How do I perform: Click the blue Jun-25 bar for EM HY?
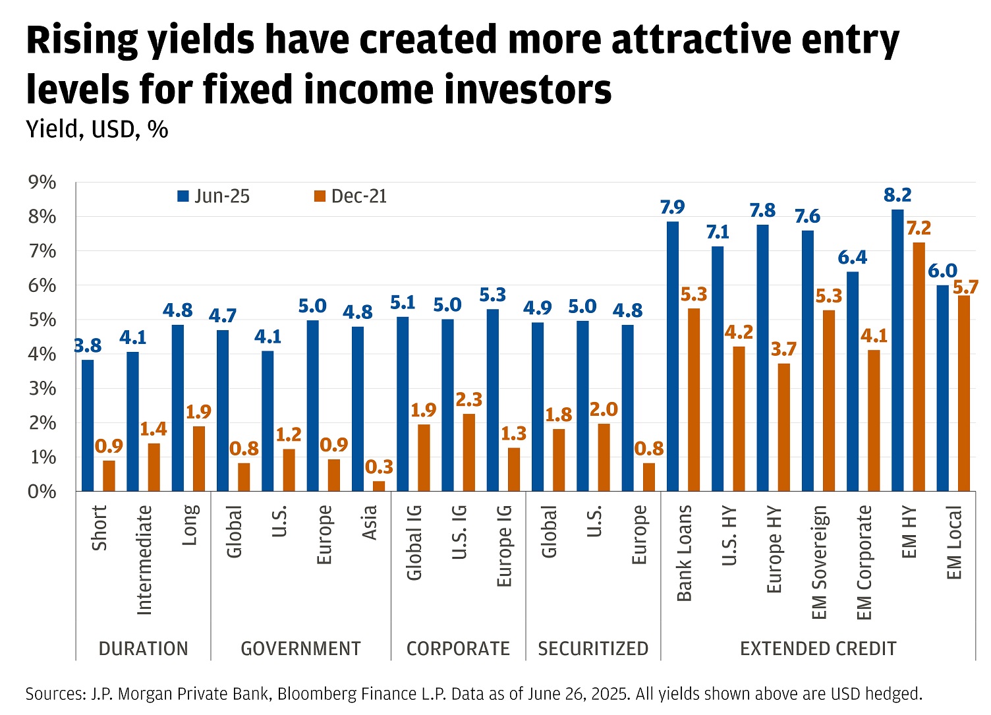[x=897, y=350]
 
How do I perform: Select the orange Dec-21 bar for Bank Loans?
[x=694, y=399]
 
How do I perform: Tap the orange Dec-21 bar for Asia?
[x=379, y=486]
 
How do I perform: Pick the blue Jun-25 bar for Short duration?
[x=88, y=425]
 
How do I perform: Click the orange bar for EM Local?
[x=964, y=393]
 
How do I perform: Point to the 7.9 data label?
[x=672, y=208]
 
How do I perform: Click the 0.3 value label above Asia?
[x=379, y=467]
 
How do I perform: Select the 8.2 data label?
[x=897, y=195]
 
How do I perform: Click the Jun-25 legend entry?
[x=214, y=196]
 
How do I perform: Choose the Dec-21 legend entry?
[x=351, y=196]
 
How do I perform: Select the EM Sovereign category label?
[x=819, y=562]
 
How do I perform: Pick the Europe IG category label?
[x=504, y=546]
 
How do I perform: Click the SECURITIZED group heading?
[x=593, y=648]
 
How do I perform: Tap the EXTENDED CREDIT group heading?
[x=818, y=648]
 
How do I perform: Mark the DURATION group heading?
[x=143, y=648]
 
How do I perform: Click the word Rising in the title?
[x=82, y=41]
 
